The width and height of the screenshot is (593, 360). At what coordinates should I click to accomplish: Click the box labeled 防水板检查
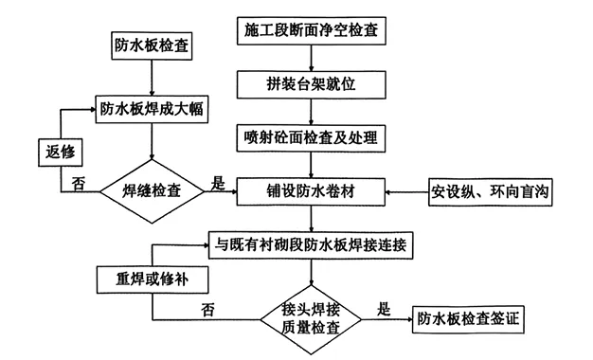[x=152, y=45]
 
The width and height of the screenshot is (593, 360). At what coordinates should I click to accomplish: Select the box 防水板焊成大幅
[x=153, y=108]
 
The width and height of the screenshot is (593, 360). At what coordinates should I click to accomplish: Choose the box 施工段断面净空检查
[x=312, y=30]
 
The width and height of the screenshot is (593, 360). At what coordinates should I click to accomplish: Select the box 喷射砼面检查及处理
[x=312, y=138]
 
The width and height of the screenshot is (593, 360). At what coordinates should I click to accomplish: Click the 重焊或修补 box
[x=151, y=280]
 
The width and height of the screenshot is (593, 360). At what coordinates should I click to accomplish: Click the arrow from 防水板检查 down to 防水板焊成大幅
[x=153, y=77]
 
